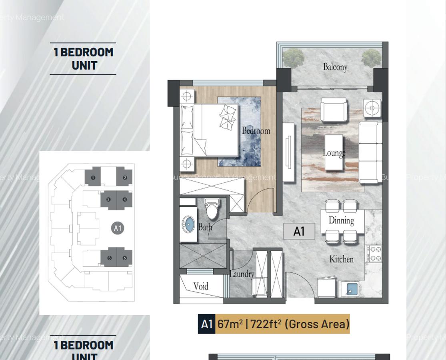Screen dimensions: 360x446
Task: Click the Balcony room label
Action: coord(335,67)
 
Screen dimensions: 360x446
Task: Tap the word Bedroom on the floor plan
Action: coord(256,131)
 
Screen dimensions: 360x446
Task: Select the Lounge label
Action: coord(334,153)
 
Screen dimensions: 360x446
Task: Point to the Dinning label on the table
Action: coord(341,220)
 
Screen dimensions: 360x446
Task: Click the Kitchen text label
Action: coord(341,259)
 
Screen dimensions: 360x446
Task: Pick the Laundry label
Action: coord(242,274)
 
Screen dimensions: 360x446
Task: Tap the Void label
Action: coord(201,286)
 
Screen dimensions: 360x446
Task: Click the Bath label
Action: coord(205,227)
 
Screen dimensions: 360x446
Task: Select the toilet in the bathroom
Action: coord(212,209)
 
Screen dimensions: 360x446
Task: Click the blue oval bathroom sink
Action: coord(188,224)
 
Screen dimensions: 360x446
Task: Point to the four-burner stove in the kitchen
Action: coord(374,254)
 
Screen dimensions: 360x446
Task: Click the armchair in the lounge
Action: coord(334,110)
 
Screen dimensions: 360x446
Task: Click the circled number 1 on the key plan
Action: coord(93,178)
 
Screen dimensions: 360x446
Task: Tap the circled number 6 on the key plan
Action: coord(125,258)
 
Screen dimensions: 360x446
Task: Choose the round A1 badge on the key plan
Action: coord(117,228)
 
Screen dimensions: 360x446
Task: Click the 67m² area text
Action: coord(230,324)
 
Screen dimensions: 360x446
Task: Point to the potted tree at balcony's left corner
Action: coord(293,58)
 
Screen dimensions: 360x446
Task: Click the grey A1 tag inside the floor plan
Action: coord(299,231)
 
